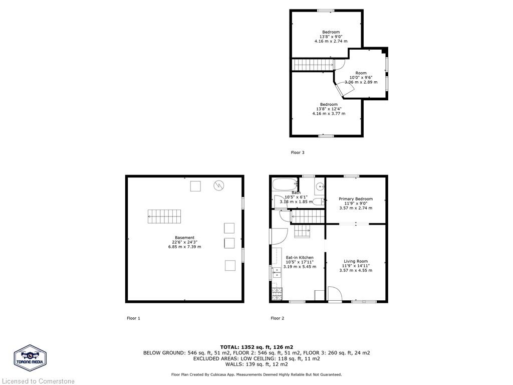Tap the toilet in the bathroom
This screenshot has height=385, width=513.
(x=317, y=202)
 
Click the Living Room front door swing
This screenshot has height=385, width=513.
(x=334, y=294)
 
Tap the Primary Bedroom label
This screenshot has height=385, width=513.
(x=356, y=199)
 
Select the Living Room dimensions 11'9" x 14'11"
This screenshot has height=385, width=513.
(x=356, y=266)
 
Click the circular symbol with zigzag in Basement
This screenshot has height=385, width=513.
(x=218, y=185)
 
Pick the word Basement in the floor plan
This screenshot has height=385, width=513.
(x=184, y=238)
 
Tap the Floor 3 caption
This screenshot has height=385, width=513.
(x=298, y=152)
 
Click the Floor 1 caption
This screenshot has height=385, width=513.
(x=133, y=318)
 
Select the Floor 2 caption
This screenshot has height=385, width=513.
(x=278, y=318)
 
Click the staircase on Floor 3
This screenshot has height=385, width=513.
(x=313, y=65)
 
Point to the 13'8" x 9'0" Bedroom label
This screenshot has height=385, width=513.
(x=331, y=32)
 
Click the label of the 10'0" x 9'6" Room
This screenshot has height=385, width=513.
(x=361, y=73)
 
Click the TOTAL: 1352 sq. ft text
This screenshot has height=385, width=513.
(x=256, y=347)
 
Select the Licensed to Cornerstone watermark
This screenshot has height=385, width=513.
(x=38, y=381)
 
